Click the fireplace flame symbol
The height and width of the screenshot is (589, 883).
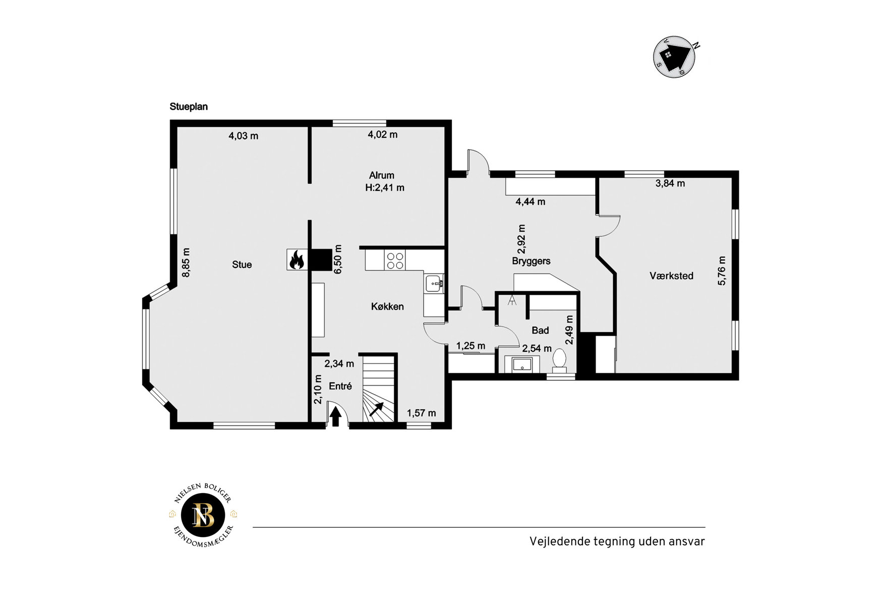(x=296, y=260)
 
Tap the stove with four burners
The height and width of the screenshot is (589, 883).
(x=395, y=260)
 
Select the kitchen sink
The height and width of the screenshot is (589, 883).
(x=434, y=284)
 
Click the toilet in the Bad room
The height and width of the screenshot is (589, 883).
(x=559, y=360)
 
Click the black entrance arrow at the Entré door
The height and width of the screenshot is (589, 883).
(x=335, y=417)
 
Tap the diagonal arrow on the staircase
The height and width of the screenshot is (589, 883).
(x=377, y=409)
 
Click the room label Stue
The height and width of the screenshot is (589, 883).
(x=242, y=264)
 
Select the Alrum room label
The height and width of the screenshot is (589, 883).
(x=382, y=175)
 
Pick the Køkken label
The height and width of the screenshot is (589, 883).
(x=387, y=306)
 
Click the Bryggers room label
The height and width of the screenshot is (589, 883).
(x=531, y=261)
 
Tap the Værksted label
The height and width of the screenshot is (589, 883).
(x=671, y=276)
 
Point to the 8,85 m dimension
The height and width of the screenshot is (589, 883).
(x=186, y=262)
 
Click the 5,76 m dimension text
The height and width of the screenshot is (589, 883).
(x=722, y=271)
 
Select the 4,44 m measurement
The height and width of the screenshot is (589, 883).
(x=531, y=202)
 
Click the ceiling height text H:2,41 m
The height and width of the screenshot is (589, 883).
(x=385, y=188)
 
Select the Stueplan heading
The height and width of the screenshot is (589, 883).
(x=189, y=106)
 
